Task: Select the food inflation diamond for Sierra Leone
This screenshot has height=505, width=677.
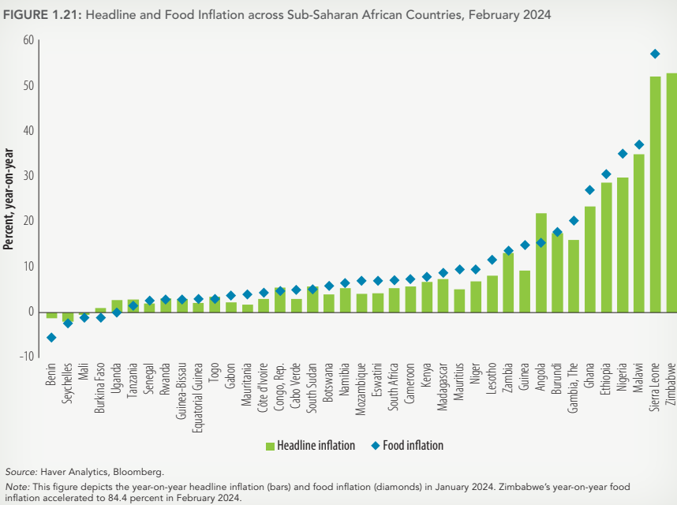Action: click(x=655, y=54)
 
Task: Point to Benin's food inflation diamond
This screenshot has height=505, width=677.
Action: click(x=51, y=338)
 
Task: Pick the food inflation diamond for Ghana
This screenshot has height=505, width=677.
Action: click(x=589, y=190)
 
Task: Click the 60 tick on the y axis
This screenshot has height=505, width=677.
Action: click(x=28, y=40)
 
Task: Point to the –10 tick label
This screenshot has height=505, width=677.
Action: click(x=27, y=357)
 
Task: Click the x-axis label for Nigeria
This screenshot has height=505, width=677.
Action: click(x=623, y=380)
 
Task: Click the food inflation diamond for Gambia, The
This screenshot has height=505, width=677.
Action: click(x=574, y=221)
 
